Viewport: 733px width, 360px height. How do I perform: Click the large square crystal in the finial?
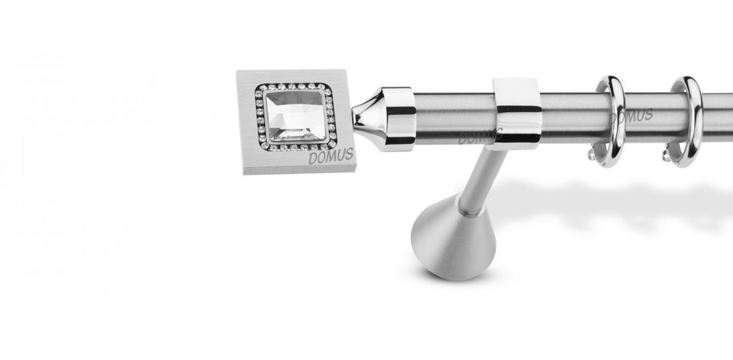coord(296,115)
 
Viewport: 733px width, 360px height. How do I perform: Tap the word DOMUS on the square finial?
coord(331,156)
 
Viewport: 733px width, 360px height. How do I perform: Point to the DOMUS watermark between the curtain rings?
coord(632,116)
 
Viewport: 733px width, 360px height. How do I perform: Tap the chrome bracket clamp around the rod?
coord(517,113)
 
